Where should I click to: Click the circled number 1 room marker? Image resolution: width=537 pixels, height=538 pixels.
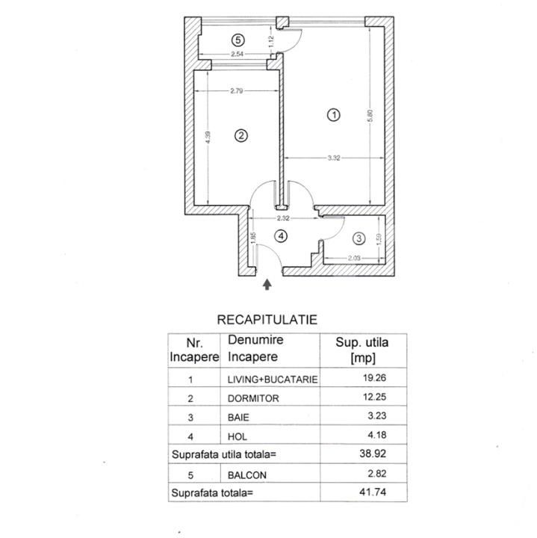[334, 115]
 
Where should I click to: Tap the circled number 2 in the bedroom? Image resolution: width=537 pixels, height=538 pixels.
[241, 135]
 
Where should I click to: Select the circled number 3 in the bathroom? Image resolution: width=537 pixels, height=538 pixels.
[359, 238]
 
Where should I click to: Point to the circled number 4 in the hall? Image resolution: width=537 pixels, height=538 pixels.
[281, 236]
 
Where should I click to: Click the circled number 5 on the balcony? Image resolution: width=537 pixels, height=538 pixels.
[238, 40]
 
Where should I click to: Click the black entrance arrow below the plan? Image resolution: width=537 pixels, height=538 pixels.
[267, 285]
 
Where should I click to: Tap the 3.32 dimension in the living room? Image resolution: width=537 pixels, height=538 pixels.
[334, 158]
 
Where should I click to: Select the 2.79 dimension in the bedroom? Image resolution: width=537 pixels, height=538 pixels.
[237, 91]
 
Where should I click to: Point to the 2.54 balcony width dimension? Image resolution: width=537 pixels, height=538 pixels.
[238, 54]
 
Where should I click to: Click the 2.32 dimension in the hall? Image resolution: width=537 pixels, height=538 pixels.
[283, 218]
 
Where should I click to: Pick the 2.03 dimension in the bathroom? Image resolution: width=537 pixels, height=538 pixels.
[354, 258]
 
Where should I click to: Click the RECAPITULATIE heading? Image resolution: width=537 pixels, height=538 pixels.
[267, 320]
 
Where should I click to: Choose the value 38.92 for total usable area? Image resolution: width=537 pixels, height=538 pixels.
[373, 454]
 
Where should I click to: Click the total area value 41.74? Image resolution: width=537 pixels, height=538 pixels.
[373, 492]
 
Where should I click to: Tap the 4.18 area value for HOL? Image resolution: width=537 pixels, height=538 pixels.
[377, 435]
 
